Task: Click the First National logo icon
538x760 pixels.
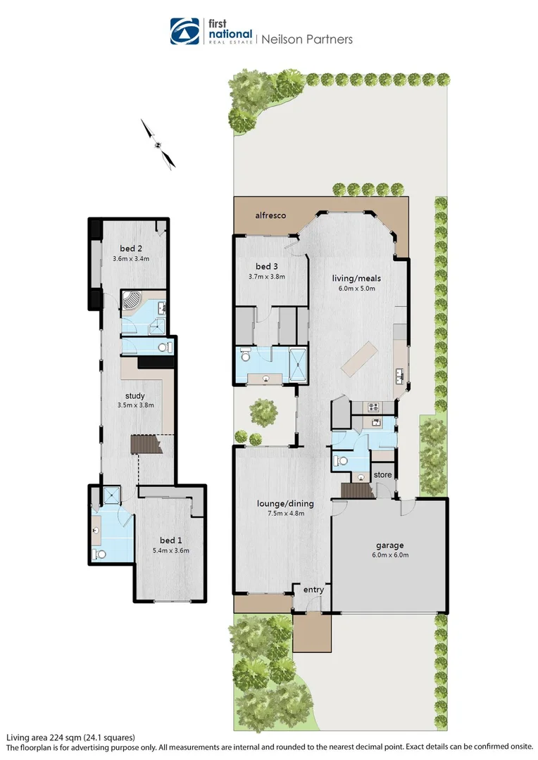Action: (185, 32)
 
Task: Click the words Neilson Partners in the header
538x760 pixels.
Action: (307, 39)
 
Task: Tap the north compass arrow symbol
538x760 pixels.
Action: (158, 144)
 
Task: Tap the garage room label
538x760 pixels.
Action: (389, 545)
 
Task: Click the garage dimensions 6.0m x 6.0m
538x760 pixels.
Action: (389, 555)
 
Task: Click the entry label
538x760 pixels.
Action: (313, 590)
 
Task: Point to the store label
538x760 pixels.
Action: (382, 475)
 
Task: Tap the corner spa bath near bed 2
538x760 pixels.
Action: (132, 302)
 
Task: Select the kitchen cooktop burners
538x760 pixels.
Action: (373, 406)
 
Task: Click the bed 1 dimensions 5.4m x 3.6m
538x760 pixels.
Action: (170, 550)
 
